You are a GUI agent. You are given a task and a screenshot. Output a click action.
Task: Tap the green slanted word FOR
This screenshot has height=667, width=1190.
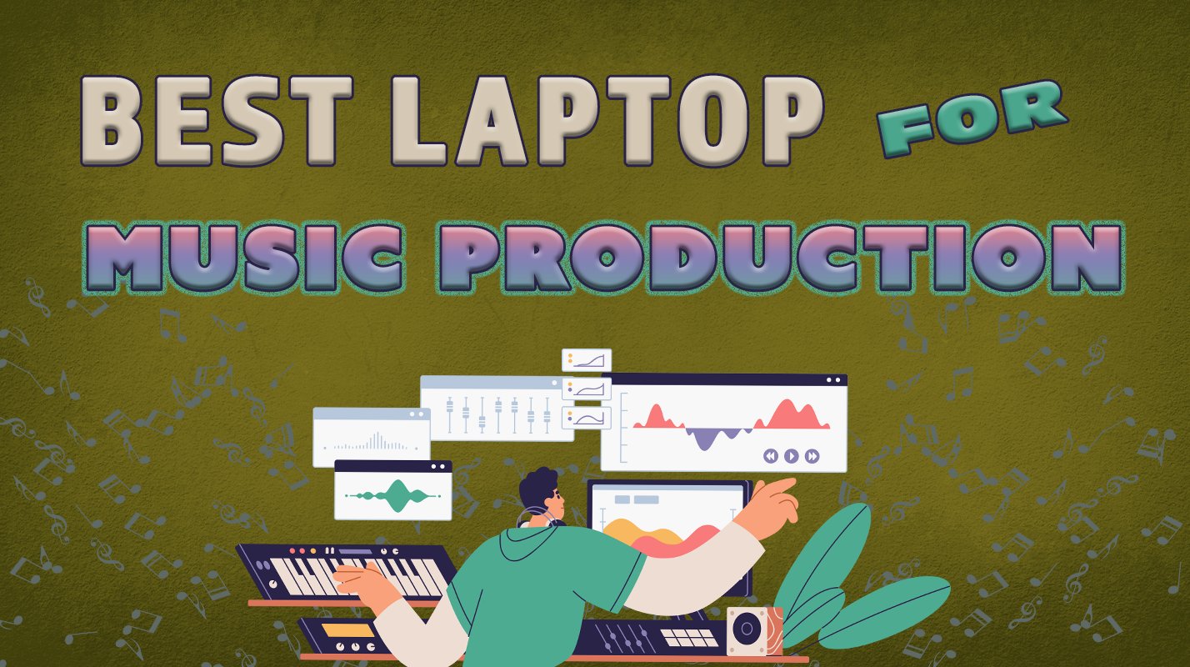tap(973, 122)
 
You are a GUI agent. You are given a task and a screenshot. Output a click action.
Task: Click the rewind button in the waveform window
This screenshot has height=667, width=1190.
tap(771, 456)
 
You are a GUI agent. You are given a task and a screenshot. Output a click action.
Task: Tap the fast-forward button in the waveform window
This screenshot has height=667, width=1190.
tap(812, 456)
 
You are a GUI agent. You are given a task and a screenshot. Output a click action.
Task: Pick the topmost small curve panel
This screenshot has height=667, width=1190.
tap(587, 360)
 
